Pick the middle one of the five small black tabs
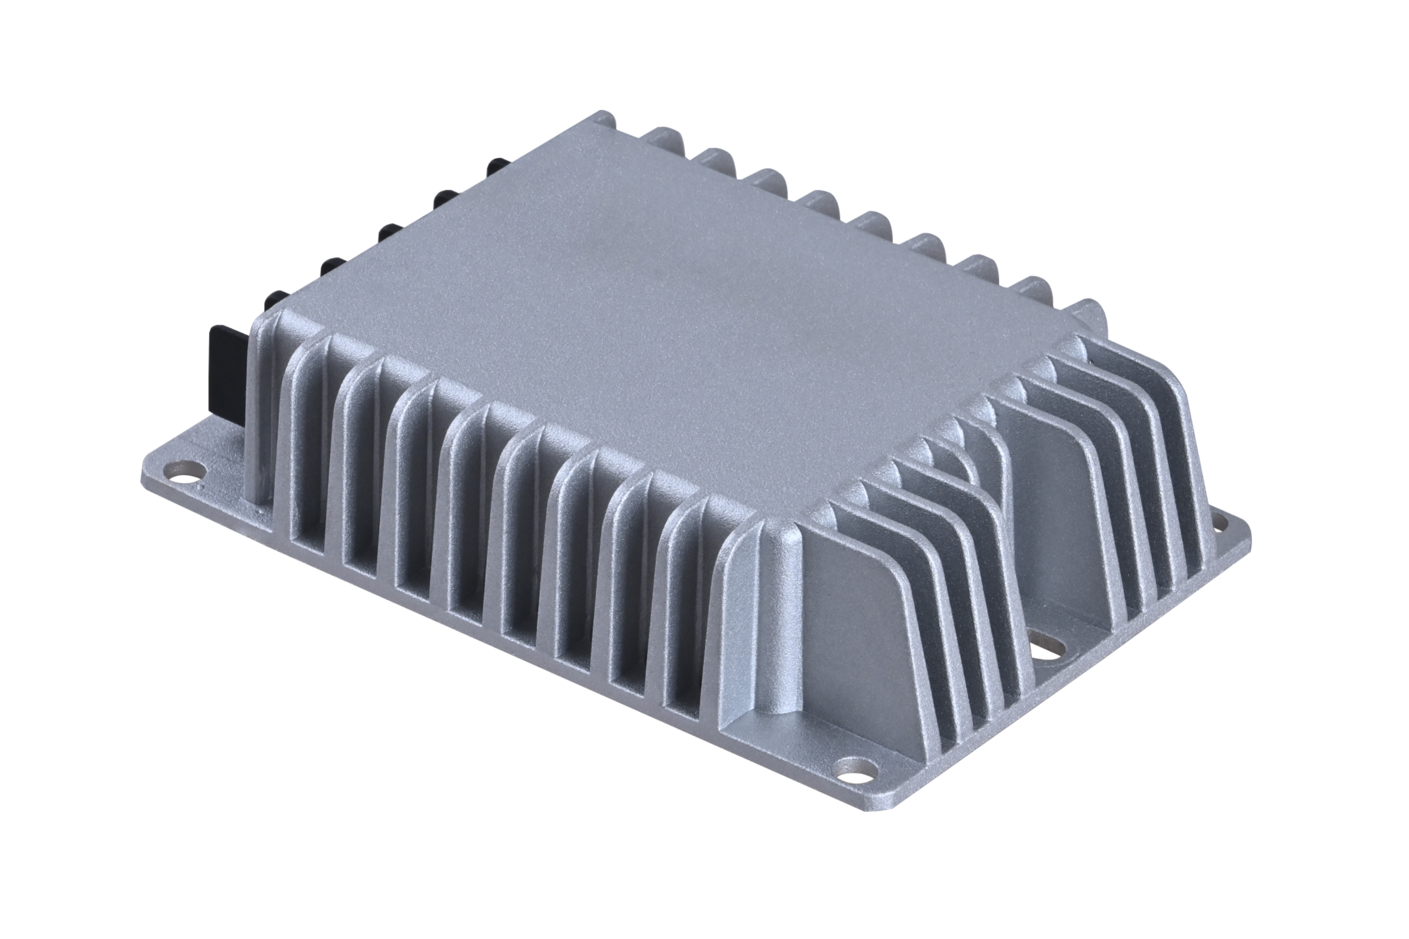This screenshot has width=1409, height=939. point(390,231)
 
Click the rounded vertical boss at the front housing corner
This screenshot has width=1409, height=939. point(773,629)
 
